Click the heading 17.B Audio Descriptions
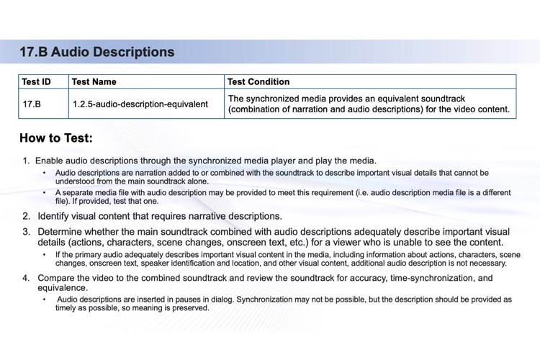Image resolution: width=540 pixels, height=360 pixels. [x=96, y=52]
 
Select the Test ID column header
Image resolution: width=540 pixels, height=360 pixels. [x=37, y=82]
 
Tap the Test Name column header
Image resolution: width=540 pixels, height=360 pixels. [x=94, y=82]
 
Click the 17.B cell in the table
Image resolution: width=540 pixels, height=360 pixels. [x=32, y=104]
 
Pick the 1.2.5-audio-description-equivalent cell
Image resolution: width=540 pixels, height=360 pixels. [x=140, y=104]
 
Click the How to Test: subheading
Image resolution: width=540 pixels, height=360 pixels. [x=56, y=138]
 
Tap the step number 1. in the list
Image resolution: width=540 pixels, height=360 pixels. [x=27, y=161]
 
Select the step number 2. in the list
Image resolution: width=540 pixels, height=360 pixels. [x=27, y=216]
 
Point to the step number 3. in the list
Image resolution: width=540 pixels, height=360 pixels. [x=27, y=232]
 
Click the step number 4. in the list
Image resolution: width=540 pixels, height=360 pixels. [x=27, y=278]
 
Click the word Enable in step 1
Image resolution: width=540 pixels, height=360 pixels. [x=50, y=161]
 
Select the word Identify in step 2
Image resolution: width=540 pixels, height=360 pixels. [x=55, y=216]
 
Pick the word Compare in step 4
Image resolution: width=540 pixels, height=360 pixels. [x=60, y=278]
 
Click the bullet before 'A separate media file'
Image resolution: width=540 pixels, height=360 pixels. [x=45, y=193]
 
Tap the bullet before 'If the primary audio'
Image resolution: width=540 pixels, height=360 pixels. [x=45, y=255]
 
